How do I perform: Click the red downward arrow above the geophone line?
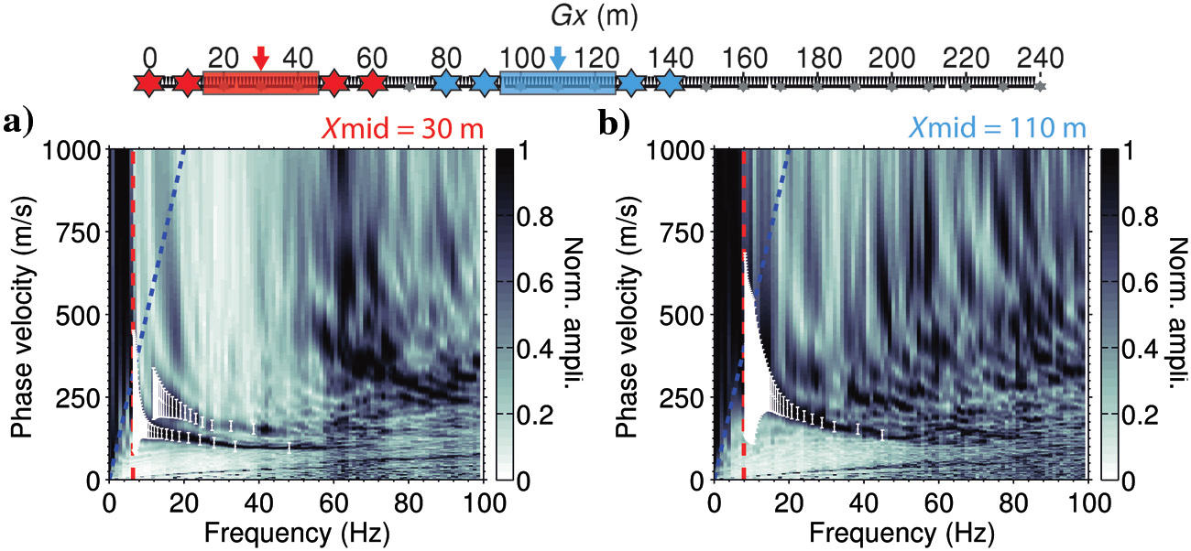coord(261,59)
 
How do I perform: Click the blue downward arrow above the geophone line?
coord(558,59)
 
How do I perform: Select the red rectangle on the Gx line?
coord(260,83)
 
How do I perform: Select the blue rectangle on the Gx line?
coord(557,83)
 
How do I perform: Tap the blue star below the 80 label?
coord(446,83)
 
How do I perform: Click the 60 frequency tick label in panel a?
coord(333,502)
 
